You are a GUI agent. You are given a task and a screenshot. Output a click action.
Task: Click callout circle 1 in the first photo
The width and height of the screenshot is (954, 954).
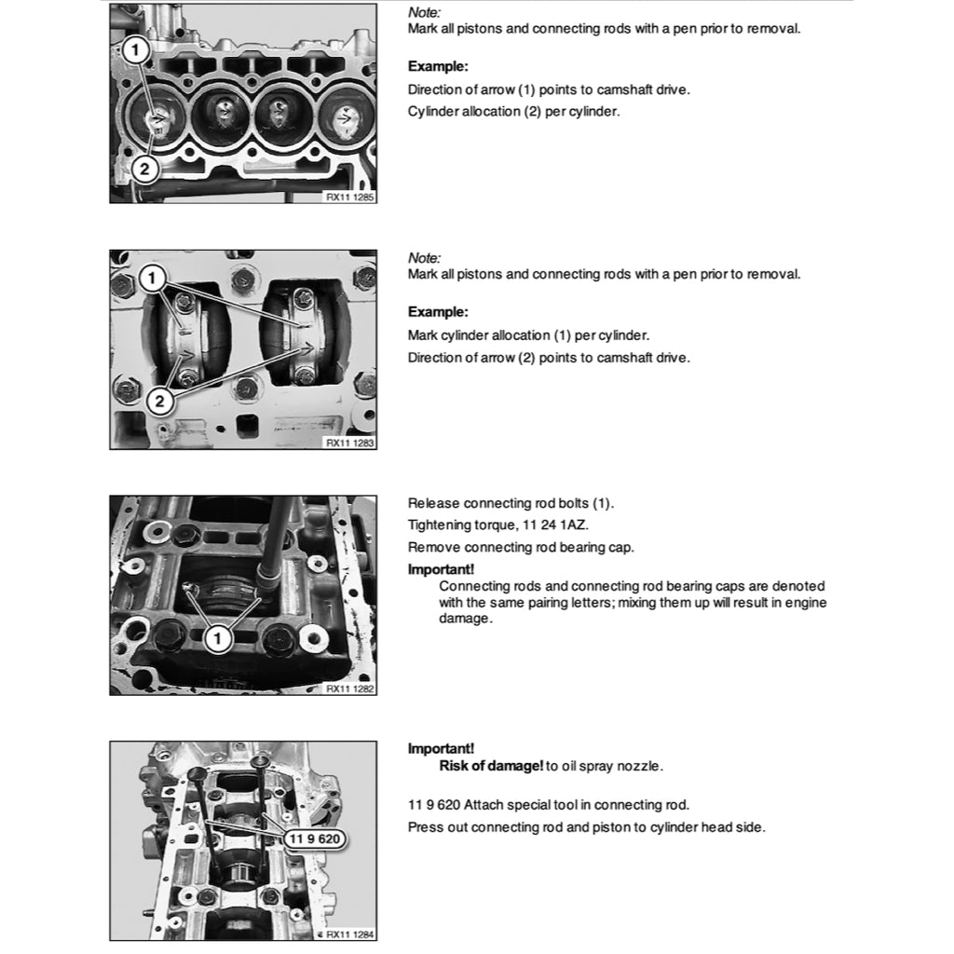(x=136, y=46)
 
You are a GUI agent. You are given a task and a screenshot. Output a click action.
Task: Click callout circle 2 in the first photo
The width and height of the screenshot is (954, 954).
(x=143, y=169)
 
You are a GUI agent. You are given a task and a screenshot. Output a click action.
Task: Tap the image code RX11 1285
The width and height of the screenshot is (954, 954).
(x=349, y=197)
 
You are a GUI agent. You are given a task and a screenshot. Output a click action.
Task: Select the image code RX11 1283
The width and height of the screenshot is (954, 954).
(x=349, y=443)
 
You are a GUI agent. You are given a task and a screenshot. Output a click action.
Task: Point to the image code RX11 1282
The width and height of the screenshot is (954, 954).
(x=349, y=688)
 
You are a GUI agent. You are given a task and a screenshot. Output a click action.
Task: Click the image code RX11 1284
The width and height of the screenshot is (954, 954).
(x=349, y=934)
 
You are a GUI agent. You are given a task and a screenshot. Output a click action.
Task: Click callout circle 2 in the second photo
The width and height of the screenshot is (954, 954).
(x=159, y=402)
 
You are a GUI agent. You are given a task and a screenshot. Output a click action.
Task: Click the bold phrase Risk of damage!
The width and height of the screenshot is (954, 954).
(x=491, y=767)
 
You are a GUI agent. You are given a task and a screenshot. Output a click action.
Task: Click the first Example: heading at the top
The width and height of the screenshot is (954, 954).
(x=438, y=67)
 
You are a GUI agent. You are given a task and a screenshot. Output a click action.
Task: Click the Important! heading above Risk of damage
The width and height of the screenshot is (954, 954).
(x=441, y=748)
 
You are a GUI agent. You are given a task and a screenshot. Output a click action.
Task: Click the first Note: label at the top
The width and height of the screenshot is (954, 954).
(x=424, y=13)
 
